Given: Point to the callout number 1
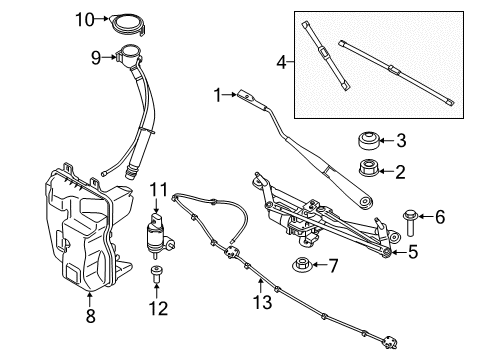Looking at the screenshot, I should coord(216,95).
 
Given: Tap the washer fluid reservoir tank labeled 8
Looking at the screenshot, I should coord(75,230).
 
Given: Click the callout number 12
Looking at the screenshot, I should coord(157,305).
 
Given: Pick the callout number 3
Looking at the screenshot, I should coord(400,140).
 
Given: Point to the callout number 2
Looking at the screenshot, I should coord(400,171).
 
